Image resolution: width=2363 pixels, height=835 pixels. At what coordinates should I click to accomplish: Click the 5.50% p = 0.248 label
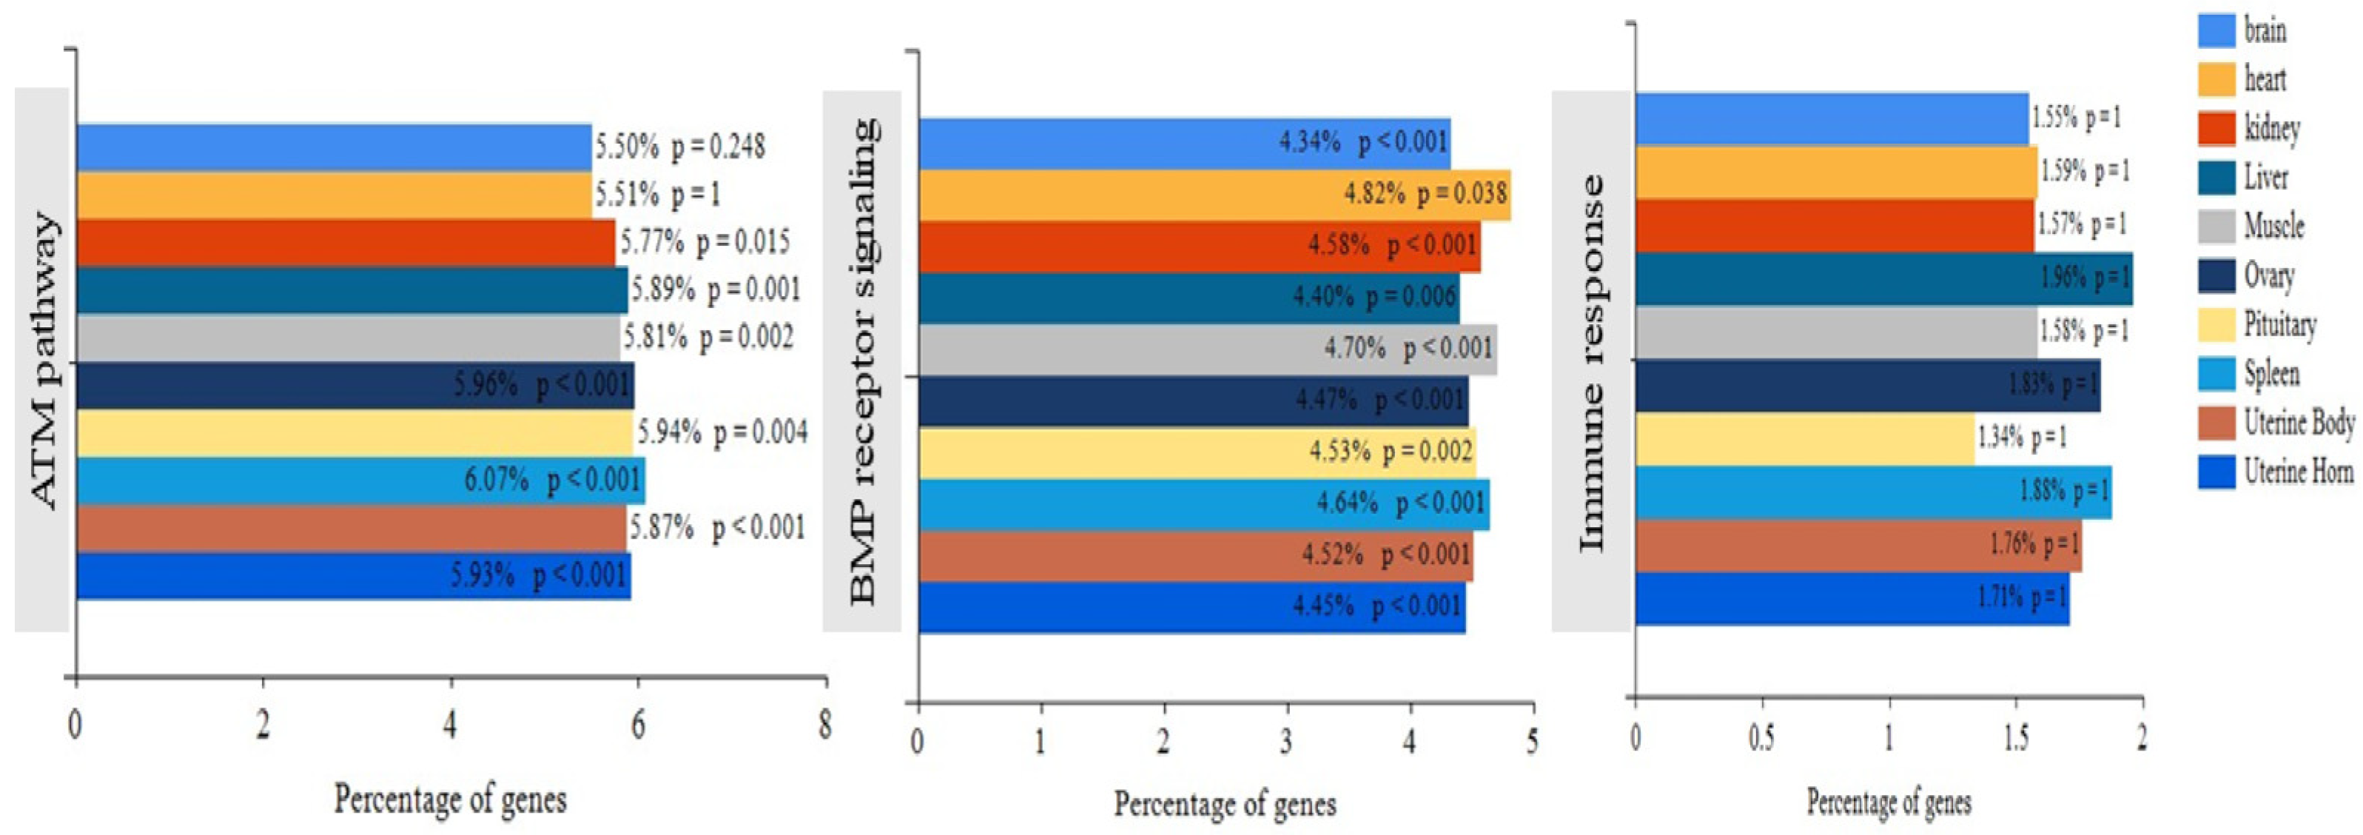[679, 147]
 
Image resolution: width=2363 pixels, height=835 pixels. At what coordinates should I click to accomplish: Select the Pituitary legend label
[2280, 325]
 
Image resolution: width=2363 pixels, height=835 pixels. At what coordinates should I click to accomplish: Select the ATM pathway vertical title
[43, 360]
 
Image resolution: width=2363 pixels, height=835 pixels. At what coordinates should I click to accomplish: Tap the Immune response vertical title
[1592, 363]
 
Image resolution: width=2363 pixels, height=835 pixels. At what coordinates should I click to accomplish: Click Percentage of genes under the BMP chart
[1225, 805]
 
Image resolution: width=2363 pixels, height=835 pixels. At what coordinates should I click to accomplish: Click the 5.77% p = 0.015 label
[705, 242]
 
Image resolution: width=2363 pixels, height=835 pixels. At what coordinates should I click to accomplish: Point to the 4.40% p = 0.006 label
[1374, 296]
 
